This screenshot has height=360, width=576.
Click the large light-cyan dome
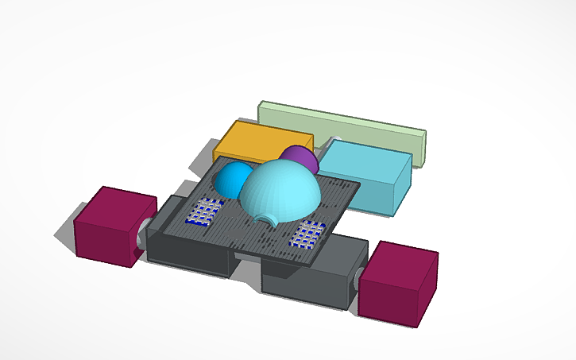tap(280, 191)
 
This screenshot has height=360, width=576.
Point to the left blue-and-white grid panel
tap(203, 212)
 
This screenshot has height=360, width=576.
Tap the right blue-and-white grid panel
tap(308, 234)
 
